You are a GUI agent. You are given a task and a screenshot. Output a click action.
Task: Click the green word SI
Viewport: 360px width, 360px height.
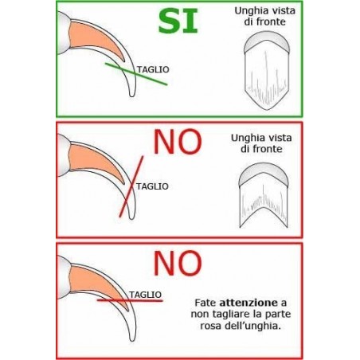[178, 21]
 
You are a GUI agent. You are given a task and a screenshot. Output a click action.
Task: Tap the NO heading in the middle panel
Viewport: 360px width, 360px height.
[178, 142]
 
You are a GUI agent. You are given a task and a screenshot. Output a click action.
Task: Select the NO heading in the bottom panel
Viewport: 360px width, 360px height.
[178, 263]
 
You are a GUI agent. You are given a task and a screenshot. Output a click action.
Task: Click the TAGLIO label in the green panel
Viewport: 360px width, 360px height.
[153, 69]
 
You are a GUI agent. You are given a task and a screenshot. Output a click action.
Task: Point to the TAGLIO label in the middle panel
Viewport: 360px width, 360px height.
[152, 186]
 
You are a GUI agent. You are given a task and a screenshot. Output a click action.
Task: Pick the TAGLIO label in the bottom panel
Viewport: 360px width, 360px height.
[146, 295]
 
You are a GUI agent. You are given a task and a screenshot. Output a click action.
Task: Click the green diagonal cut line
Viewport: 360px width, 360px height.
[136, 74]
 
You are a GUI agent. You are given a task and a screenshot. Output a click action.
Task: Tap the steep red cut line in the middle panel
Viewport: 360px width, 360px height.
[131, 186]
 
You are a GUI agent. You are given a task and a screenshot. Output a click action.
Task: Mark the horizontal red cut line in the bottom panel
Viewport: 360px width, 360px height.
[130, 301]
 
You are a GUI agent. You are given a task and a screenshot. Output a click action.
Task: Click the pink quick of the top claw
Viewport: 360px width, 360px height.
[93, 38]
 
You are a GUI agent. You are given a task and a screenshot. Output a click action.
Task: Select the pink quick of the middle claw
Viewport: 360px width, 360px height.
[93, 161]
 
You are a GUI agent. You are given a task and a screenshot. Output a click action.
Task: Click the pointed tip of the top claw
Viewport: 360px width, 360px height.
[132, 96]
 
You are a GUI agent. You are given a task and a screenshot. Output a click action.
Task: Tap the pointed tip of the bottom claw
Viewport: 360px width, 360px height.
[132, 340]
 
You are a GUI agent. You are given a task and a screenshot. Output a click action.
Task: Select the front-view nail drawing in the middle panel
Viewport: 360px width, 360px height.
[263, 195]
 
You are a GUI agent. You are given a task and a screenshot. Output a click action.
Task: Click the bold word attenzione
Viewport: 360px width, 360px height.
[248, 303]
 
